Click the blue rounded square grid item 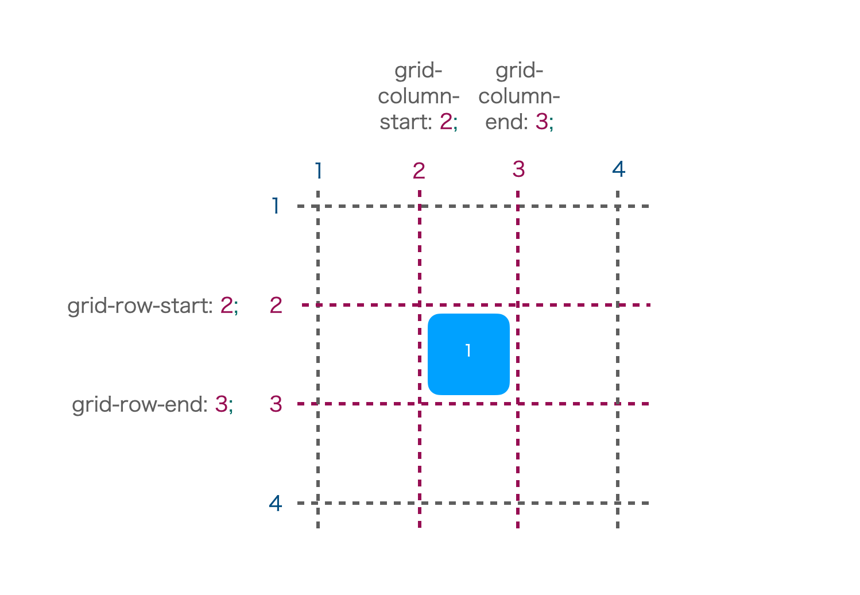468,354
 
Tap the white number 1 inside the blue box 468,350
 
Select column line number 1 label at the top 319,171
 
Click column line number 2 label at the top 419,171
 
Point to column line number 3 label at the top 518,169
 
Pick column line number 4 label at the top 618,169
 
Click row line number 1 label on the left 275,206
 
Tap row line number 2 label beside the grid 276,306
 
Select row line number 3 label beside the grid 276,404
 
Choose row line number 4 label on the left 276,503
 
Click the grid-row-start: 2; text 153,307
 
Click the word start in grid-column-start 405,122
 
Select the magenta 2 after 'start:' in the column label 446,122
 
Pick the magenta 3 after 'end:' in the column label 542,122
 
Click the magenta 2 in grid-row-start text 227,306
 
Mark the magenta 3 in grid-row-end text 221,404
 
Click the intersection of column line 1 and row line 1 318,206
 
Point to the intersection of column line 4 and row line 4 617,503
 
